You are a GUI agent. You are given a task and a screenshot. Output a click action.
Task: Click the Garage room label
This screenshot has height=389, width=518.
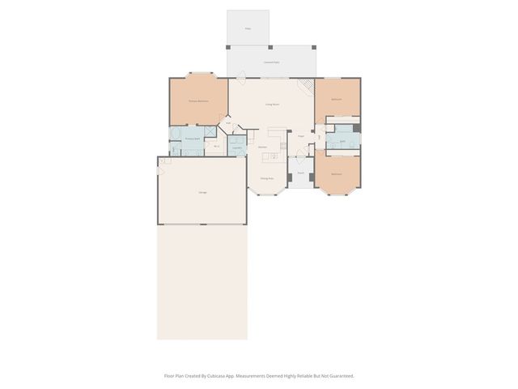tap(201, 191)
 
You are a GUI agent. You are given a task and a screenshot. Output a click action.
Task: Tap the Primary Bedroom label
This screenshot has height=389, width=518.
tap(198, 100)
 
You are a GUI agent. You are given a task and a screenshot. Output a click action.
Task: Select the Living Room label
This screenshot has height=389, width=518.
tap(273, 104)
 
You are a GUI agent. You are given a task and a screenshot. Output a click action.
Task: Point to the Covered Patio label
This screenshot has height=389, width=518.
tap(271, 62)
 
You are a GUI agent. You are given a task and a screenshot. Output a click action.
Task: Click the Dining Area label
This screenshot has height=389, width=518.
tap(265, 178)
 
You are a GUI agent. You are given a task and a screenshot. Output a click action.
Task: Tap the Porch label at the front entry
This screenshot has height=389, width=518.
tap(299, 173)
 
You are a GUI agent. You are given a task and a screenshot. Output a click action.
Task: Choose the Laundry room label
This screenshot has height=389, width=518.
tap(237, 148)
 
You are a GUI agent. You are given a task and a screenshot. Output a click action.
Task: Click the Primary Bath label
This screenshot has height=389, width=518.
tap(192, 139)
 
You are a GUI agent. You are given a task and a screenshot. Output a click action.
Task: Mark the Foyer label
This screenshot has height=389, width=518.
tap(299, 136)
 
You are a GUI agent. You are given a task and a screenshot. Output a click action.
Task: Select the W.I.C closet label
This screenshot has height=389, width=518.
tap(217, 146)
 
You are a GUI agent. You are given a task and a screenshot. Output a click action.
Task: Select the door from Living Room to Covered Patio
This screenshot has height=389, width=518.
tap(239, 79)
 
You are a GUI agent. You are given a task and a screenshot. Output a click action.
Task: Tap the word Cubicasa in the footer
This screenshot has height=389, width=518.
tap(215, 376)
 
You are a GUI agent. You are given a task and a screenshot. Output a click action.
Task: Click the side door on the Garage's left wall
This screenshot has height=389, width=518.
tap(158, 170)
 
